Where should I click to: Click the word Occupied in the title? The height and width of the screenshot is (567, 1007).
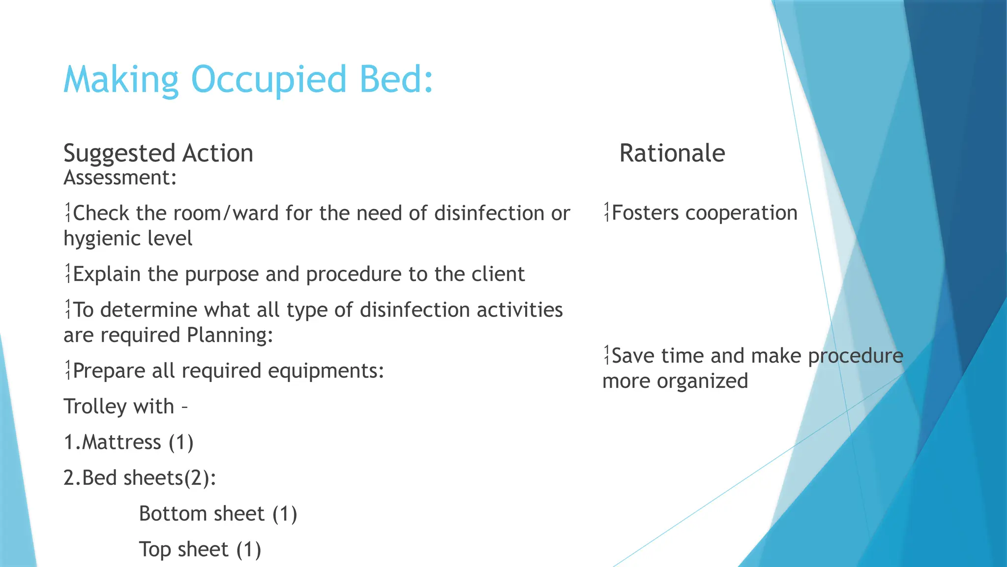coord(268,80)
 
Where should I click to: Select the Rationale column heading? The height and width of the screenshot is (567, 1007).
coord(672,153)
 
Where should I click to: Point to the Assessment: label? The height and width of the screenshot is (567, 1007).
coord(120,178)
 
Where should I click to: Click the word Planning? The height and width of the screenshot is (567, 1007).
coord(230,335)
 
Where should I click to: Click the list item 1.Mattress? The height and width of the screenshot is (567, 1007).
coord(128,442)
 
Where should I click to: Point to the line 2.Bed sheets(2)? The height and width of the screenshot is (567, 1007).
coord(140,478)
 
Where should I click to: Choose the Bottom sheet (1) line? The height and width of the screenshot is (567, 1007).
coord(218,514)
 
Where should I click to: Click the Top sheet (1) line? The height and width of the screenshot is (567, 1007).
coord(200,550)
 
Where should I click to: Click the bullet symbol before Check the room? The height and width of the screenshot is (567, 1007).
coord(68,213)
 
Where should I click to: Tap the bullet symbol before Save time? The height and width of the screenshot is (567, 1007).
coord(607,355)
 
